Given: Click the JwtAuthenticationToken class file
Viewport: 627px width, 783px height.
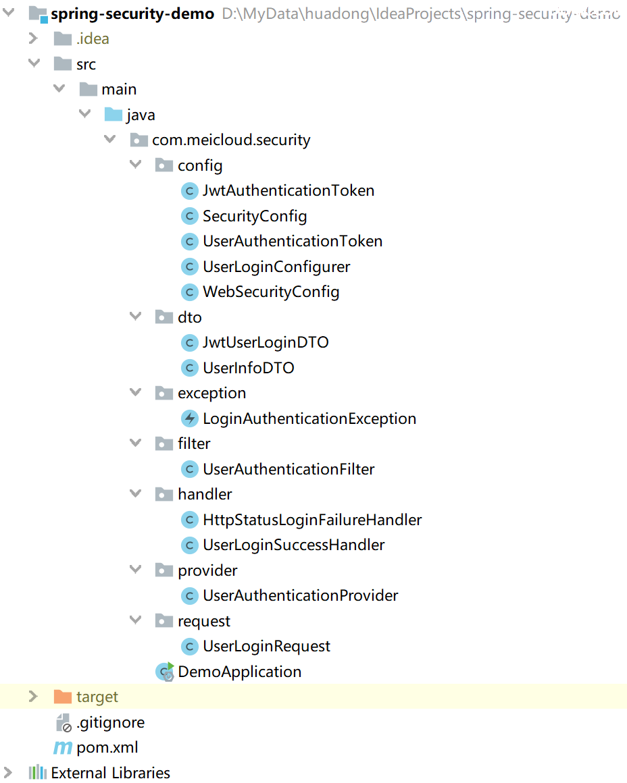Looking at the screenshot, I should coord(289,191).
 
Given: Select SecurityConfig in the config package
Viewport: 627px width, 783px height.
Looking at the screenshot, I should coord(255,217).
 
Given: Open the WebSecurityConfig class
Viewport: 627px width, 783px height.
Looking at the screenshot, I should coord(271,292).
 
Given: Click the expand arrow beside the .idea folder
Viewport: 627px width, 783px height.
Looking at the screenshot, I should coord(33,38).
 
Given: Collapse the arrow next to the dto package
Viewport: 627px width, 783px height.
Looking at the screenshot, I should coord(136,317).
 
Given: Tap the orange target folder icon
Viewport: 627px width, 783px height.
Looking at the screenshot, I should coord(62,697).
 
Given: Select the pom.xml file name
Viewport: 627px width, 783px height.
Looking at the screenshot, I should coord(107,748).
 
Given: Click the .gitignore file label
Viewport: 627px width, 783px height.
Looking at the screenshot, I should coord(110,722).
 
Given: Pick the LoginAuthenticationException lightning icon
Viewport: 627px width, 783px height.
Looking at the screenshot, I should coord(190,418).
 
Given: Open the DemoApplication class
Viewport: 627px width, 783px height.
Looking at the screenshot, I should coord(239,672).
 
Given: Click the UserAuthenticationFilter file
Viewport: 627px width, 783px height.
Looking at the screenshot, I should coord(289,469).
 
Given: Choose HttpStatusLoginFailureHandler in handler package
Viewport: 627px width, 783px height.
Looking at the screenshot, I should coord(312,520).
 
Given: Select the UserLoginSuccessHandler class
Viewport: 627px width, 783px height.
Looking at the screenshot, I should coord(293,545).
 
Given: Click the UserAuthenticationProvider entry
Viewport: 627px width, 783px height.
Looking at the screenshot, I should coord(300,596).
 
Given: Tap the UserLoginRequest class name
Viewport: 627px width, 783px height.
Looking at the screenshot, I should coord(266,647).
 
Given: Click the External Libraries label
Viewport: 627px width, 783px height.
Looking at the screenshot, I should coord(110,773).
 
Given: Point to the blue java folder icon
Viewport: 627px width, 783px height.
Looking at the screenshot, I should coord(113,115).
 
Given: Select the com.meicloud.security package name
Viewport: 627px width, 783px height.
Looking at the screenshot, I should coord(231,140).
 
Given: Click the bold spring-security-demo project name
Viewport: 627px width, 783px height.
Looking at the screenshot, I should coord(132,13).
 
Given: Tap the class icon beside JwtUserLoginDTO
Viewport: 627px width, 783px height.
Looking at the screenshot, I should coord(190,343).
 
